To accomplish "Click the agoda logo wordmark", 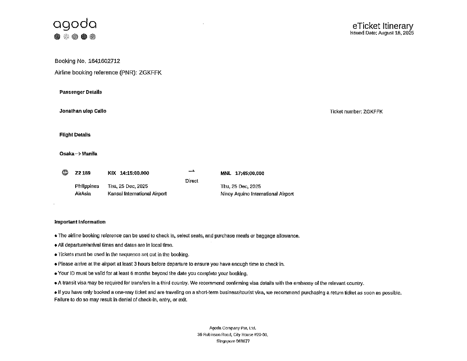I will point(75,24).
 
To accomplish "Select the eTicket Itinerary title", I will point(383,26).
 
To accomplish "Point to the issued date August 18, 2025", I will point(396,33).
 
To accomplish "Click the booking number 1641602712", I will point(104,61).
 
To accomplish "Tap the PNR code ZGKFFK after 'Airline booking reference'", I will point(150,73).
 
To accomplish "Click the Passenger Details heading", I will point(81,92).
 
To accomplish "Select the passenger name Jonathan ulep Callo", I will point(83,111).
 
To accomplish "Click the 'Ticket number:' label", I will point(346,112).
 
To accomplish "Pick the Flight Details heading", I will point(75,135).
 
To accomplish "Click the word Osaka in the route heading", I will point(67,154).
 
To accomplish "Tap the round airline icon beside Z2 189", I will point(65,173).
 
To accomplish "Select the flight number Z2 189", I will point(83,173).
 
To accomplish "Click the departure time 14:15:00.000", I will point(134,173).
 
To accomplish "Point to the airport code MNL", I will point(226,174).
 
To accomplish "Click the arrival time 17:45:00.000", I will point(249,174).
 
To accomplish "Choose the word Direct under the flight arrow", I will point(192,181).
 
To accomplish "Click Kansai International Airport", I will point(137,194).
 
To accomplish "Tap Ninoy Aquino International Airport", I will point(257,194).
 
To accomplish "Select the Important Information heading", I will point(80,222).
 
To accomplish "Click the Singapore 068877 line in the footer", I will point(233,342).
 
